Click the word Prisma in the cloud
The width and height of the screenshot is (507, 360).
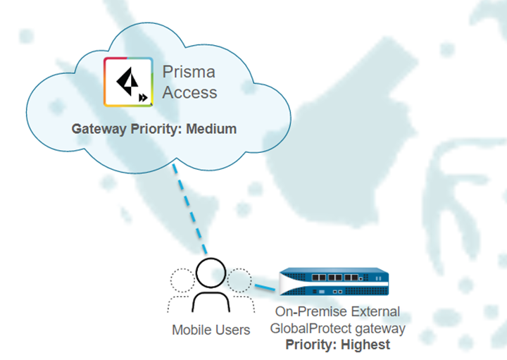click(189, 72)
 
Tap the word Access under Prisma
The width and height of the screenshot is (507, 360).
click(190, 92)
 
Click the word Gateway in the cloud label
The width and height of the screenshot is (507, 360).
click(97, 130)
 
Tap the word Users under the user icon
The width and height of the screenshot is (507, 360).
click(233, 330)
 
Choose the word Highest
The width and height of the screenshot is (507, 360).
click(365, 345)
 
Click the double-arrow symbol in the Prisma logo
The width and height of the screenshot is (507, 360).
click(144, 98)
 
